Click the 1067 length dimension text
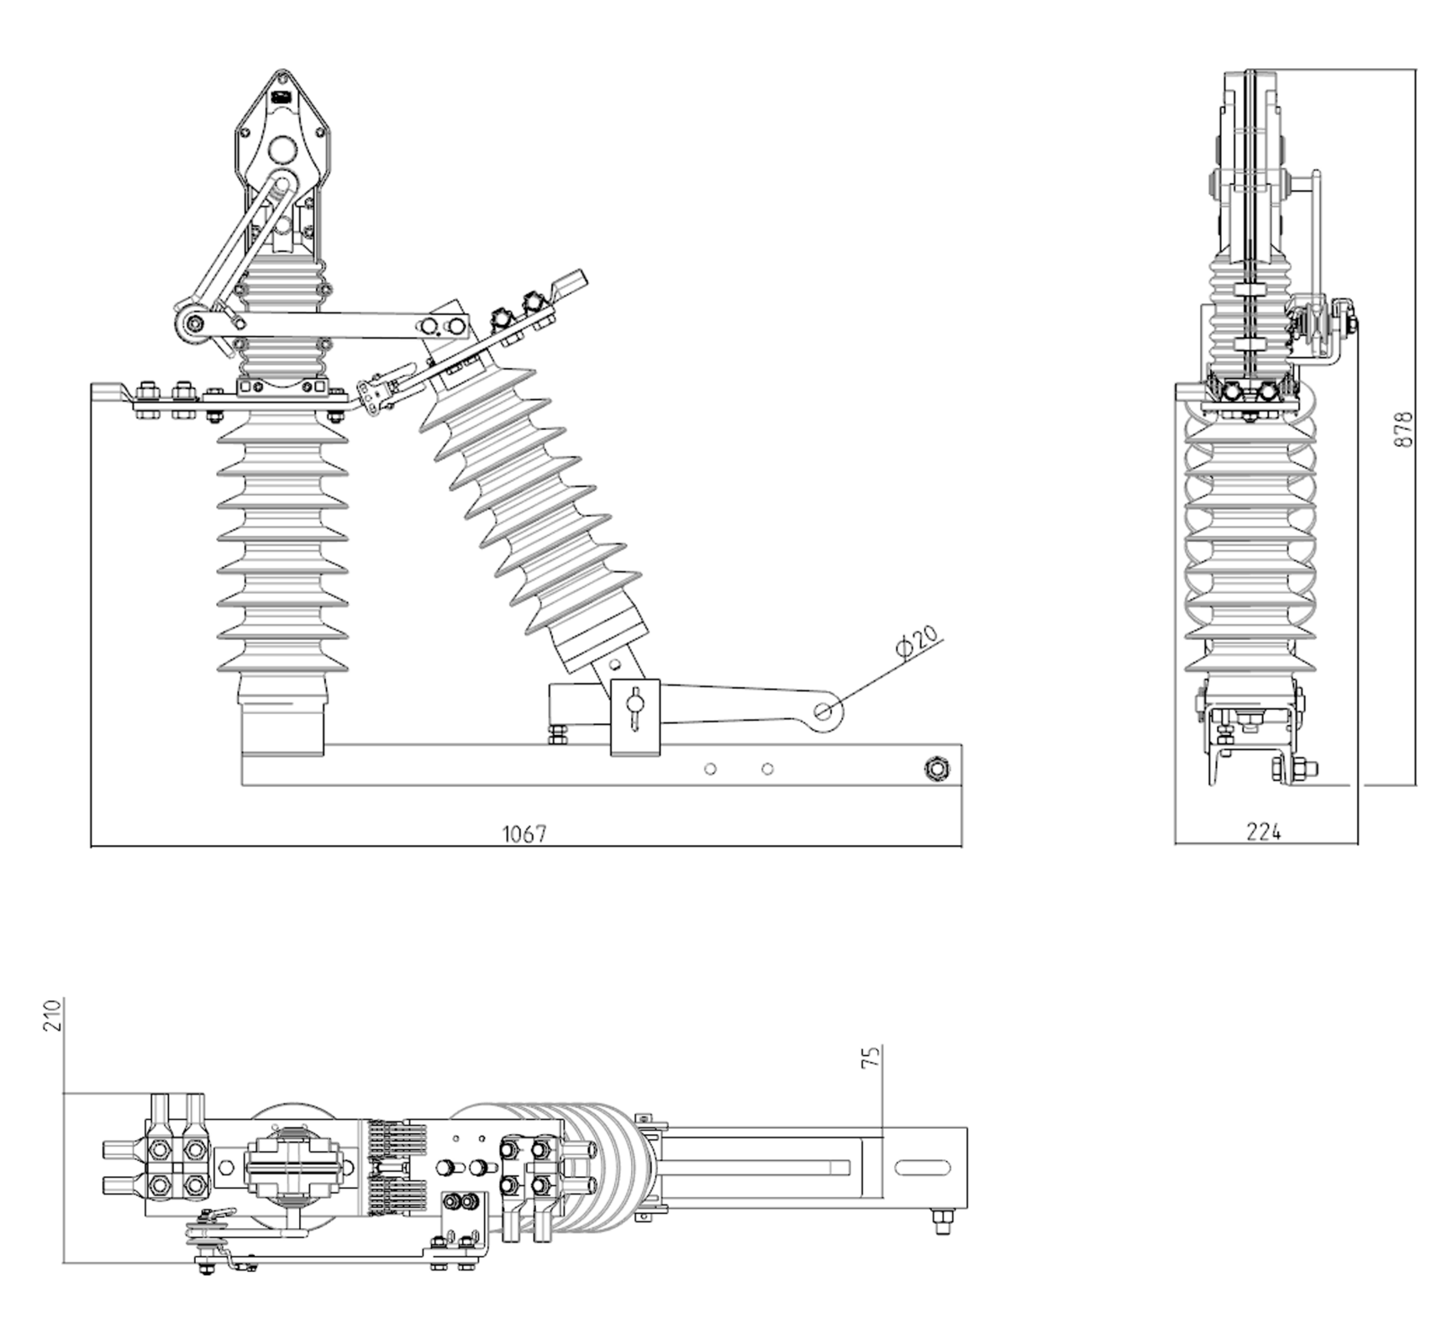(x=524, y=833)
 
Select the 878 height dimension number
(x=1403, y=429)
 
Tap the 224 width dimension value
(x=1263, y=832)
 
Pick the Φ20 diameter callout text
(x=917, y=642)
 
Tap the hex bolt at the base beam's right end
(x=935, y=768)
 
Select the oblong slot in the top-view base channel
(x=923, y=1168)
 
